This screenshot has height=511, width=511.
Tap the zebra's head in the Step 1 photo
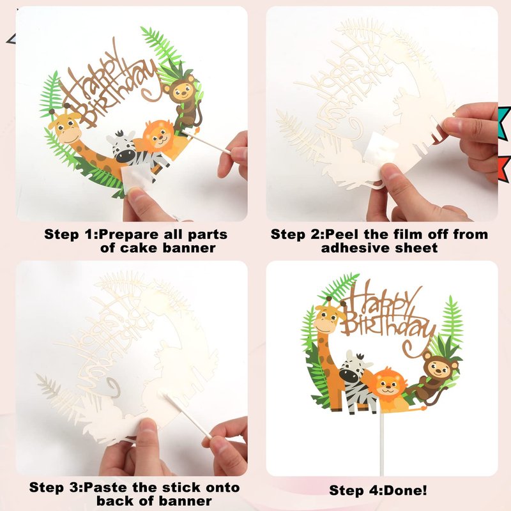[x=122, y=146]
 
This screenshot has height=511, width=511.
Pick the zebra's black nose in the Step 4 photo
[x=349, y=376]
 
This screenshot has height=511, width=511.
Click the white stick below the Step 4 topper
[x=381, y=444]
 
